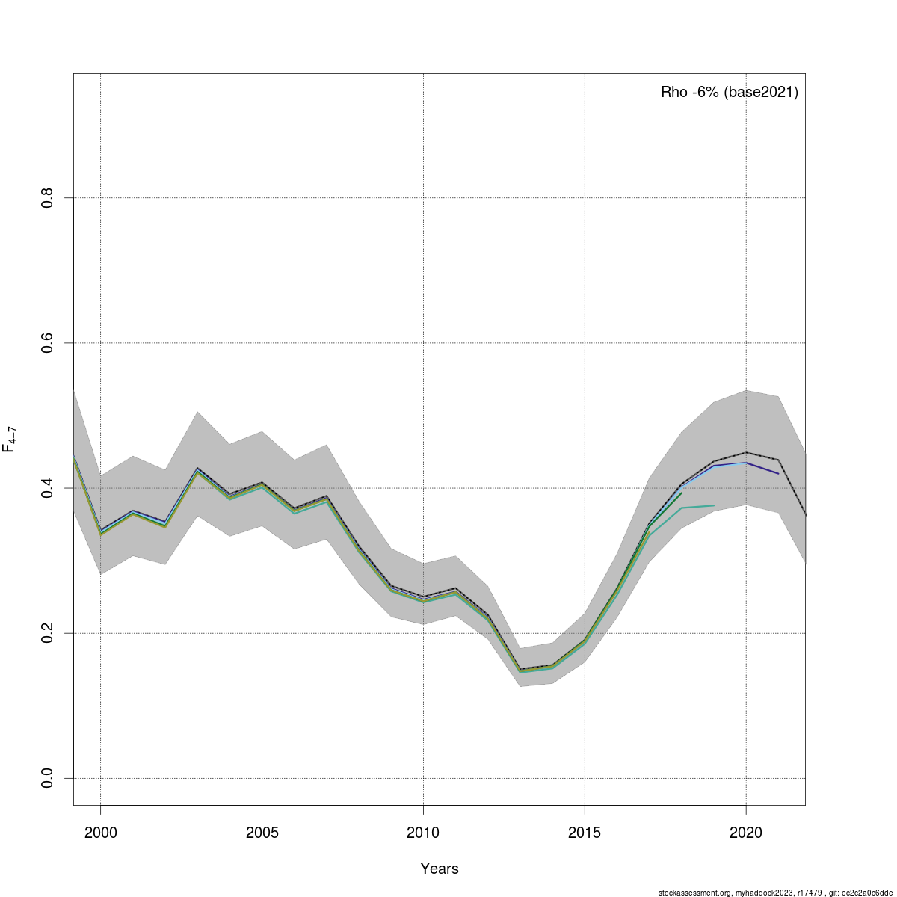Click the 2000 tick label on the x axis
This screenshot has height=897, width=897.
pyautogui.click(x=100, y=833)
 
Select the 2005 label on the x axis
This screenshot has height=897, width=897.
pyautogui.click(x=262, y=833)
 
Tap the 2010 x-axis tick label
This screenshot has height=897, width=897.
pyautogui.click(x=423, y=833)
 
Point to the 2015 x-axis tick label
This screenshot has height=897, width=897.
pyautogui.click(x=585, y=833)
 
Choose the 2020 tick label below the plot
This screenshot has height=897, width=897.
pyautogui.click(x=746, y=833)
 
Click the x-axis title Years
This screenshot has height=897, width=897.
pyautogui.click(x=440, y=869)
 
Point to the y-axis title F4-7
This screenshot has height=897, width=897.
pyautogui.click(x=10, y=440)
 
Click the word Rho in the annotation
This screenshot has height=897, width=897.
pyautogui.click(x=673, y=93)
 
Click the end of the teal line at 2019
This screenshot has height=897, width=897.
pyautogui.click(x=714, y=505)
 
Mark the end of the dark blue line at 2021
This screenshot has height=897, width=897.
pyautogui.click(x=778, y=474)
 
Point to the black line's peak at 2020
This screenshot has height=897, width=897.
pyautogui.click(x=746, y=452)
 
